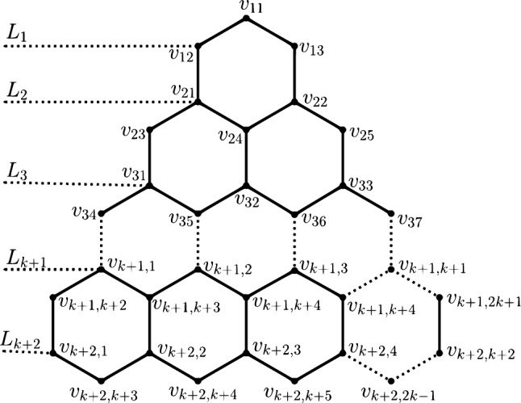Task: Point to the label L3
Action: pos(16,173)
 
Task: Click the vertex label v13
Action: pos(313,49)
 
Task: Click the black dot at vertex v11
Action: pos(247,19)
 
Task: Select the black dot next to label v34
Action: pos(101,212)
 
